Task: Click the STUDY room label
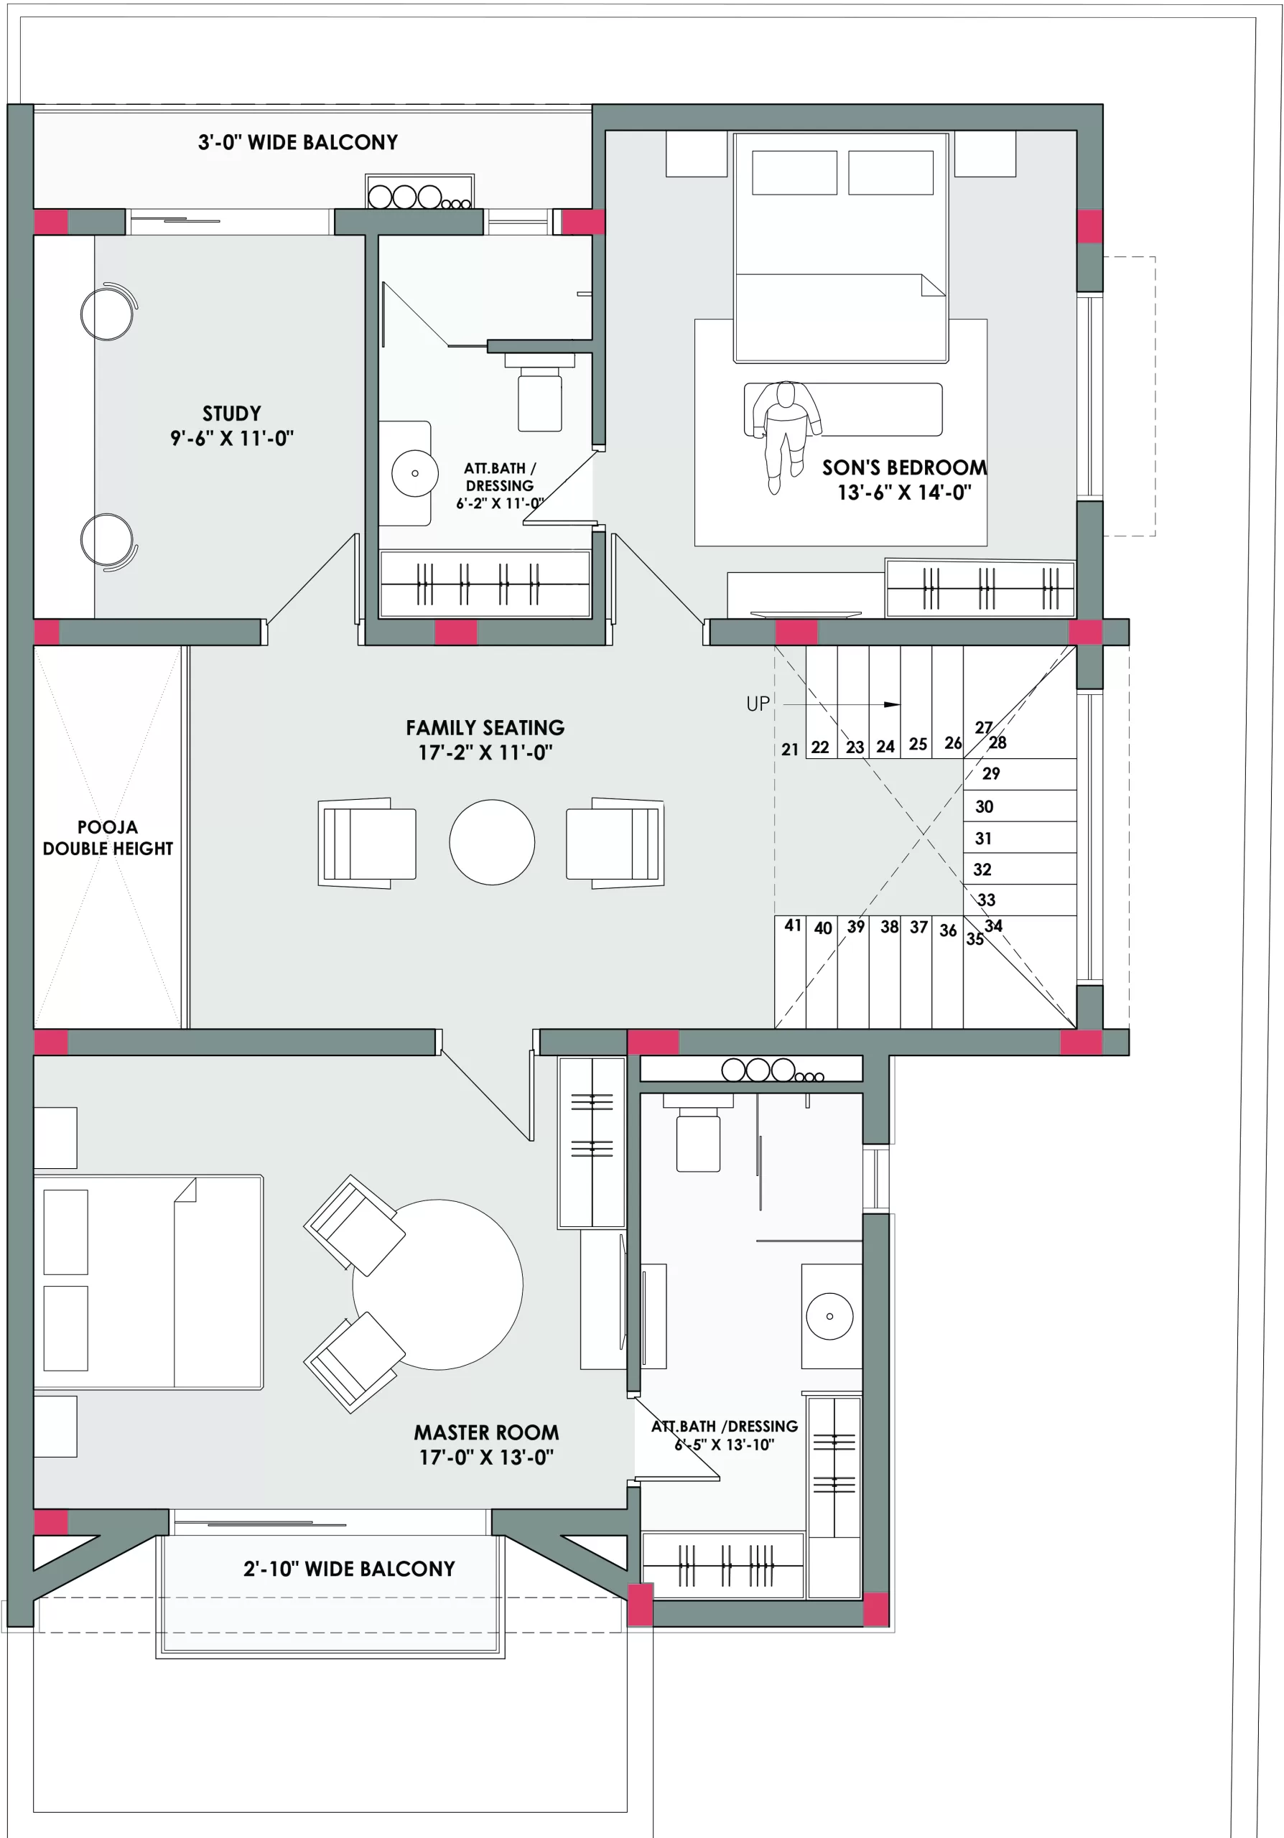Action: (231, 413)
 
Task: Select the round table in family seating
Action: (491, 841)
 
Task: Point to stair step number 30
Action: (984, 806)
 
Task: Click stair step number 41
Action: (793, 925)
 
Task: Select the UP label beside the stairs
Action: (758, 704)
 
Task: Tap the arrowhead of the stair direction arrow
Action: (892, 704)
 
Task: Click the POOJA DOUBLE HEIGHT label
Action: (107, 837)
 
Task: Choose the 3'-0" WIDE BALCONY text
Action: (298, 142)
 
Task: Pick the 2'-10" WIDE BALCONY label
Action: (349, 1568)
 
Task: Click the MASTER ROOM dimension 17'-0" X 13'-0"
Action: (486, 1457)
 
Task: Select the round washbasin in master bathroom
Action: (829, 1316)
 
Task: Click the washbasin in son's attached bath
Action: (414, 473)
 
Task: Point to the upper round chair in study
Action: (107, 313)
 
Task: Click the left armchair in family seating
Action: (368, 843)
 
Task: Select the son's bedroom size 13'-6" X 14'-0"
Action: (905, 493)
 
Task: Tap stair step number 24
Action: (885, 746)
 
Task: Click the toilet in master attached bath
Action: (697, 1139)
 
